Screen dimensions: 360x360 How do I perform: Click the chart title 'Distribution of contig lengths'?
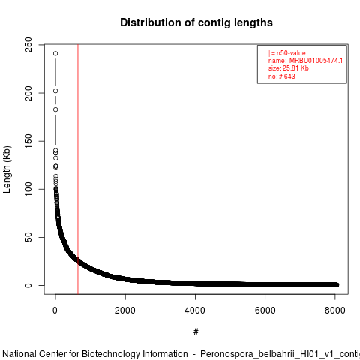tap(196, 22)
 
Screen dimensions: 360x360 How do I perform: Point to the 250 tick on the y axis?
tap(28, 45)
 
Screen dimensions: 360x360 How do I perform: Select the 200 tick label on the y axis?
tap(28, 93)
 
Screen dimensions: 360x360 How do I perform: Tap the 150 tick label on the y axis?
tap(28, 141)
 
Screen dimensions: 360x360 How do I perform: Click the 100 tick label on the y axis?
tap(28, 189)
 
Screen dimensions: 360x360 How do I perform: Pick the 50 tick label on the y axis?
tap(28, 237)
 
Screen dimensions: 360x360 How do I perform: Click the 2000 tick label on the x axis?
tap(125, 310)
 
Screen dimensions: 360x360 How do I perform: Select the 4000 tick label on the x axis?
tap(195, 310)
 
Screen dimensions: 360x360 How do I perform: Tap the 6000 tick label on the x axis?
tap(265, 310)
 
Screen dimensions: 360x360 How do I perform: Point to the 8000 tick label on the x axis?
tap(335, 310)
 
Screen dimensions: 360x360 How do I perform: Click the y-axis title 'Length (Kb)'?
tap(7, 169)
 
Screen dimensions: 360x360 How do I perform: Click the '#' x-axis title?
tap(196, 332)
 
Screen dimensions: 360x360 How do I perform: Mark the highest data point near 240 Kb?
tap(55, 53)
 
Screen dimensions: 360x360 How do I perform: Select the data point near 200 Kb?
tap(55, 91)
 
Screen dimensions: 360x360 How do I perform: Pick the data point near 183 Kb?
tap(55, 109)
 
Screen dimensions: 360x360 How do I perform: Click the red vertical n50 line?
tap(78, 169)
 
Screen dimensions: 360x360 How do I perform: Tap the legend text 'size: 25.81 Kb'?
tap(289, 68)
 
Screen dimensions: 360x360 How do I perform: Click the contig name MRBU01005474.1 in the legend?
tap(316, 61)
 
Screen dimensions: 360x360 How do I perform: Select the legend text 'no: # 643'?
tap(282, 76)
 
